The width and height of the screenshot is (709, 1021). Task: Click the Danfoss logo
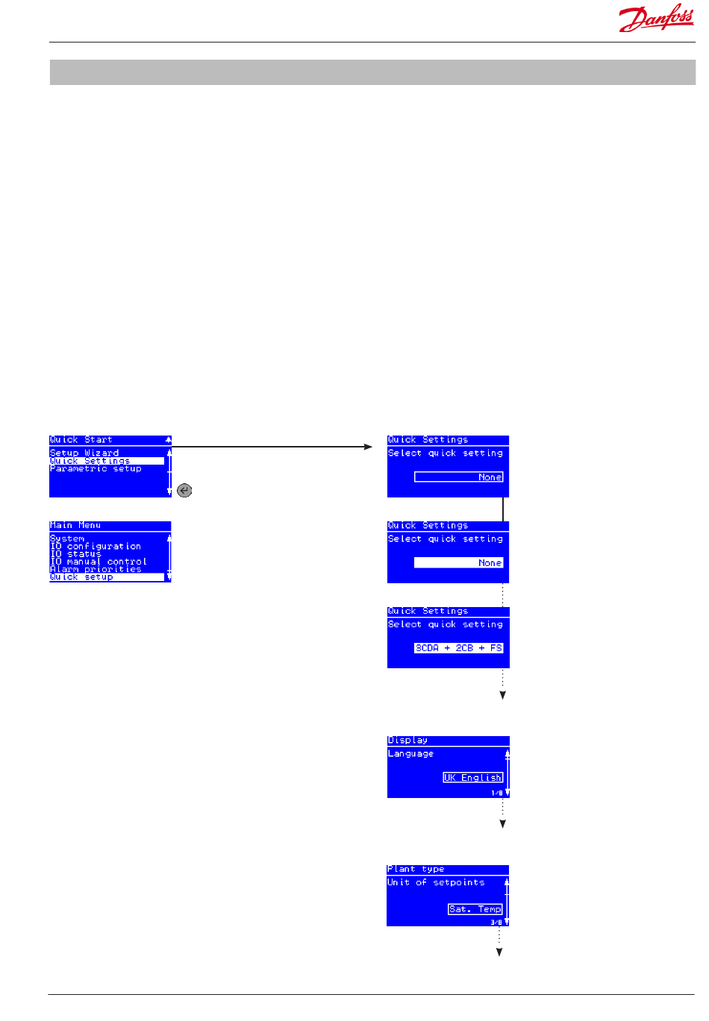tap(656, 19)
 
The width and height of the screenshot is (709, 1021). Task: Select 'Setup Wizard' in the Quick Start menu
tap(84, 453)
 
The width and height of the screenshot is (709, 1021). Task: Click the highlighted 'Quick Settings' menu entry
tap(90, 461)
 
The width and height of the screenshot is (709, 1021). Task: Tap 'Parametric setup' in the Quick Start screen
tap(96, 468)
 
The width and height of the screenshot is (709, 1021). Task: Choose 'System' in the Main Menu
tap(67, 538)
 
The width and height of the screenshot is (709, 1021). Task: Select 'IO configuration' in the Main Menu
tap(96, 546)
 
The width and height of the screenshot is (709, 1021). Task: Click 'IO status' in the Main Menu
tap(75, 554)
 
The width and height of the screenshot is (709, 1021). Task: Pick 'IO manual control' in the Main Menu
tap(99, 562)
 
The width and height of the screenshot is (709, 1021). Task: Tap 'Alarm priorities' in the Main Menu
tap(96, 569)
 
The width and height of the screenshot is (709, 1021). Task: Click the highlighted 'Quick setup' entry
tap(82, 577)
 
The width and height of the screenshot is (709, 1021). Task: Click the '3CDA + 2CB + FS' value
tap(459, 648)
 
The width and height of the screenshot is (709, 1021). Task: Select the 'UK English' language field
tap(473, 777)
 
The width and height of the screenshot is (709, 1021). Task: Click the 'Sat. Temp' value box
tap(475, 909)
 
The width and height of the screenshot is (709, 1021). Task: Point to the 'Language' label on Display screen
tap(410, 754)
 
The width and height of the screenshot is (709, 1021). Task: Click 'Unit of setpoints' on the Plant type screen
tap(436, 882)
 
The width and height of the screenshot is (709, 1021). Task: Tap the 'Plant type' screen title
tap(416, 869)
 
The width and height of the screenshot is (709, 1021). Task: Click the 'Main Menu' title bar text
tap(75, 526)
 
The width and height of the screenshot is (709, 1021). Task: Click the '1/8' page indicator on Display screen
tap(496, 793)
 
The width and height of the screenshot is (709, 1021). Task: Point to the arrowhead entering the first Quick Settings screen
tap(368, 447)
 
